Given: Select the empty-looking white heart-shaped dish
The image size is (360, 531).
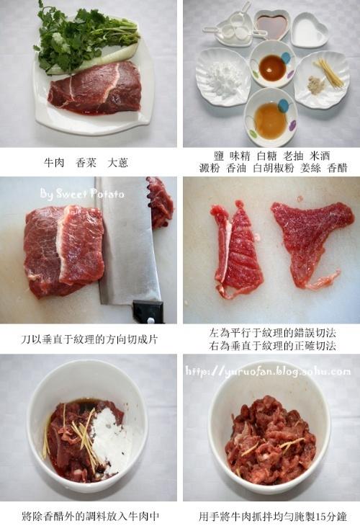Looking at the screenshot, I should (310, 30).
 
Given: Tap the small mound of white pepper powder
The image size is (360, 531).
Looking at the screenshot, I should (315, 84).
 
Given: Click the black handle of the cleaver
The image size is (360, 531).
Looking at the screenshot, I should (148, 311).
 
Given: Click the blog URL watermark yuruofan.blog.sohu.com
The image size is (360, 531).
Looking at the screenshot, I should (268, 371).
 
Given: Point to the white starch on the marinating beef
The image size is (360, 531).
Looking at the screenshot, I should (110, 437).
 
